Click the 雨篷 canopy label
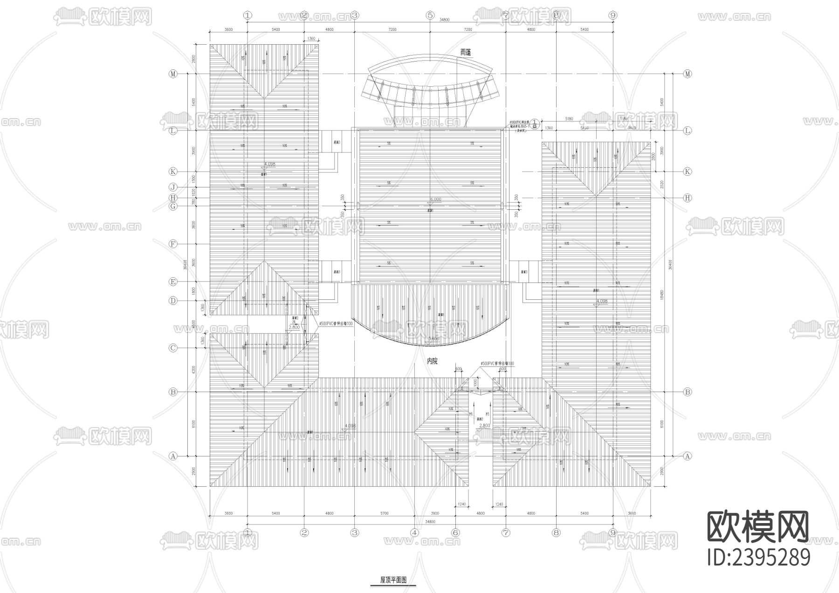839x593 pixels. pos(466,52)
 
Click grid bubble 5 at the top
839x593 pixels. pos(430,15)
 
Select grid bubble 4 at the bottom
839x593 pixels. pos(414,532)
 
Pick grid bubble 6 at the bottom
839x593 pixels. pos(455,532)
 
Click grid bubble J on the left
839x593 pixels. pos(173,187)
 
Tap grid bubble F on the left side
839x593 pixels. pos(173,244)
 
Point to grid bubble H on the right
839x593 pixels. pos(687,198)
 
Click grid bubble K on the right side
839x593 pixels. pos(687,172)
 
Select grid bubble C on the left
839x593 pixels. pos(173,348)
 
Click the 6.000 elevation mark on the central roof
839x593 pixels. pos(435,200)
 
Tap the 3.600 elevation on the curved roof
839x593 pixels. pos(433,339)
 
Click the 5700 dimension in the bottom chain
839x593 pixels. pos(384,513)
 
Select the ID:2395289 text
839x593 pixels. pos(759,558)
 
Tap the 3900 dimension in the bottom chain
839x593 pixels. pos(435,513)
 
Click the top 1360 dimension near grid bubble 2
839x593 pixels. pos(311,39)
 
